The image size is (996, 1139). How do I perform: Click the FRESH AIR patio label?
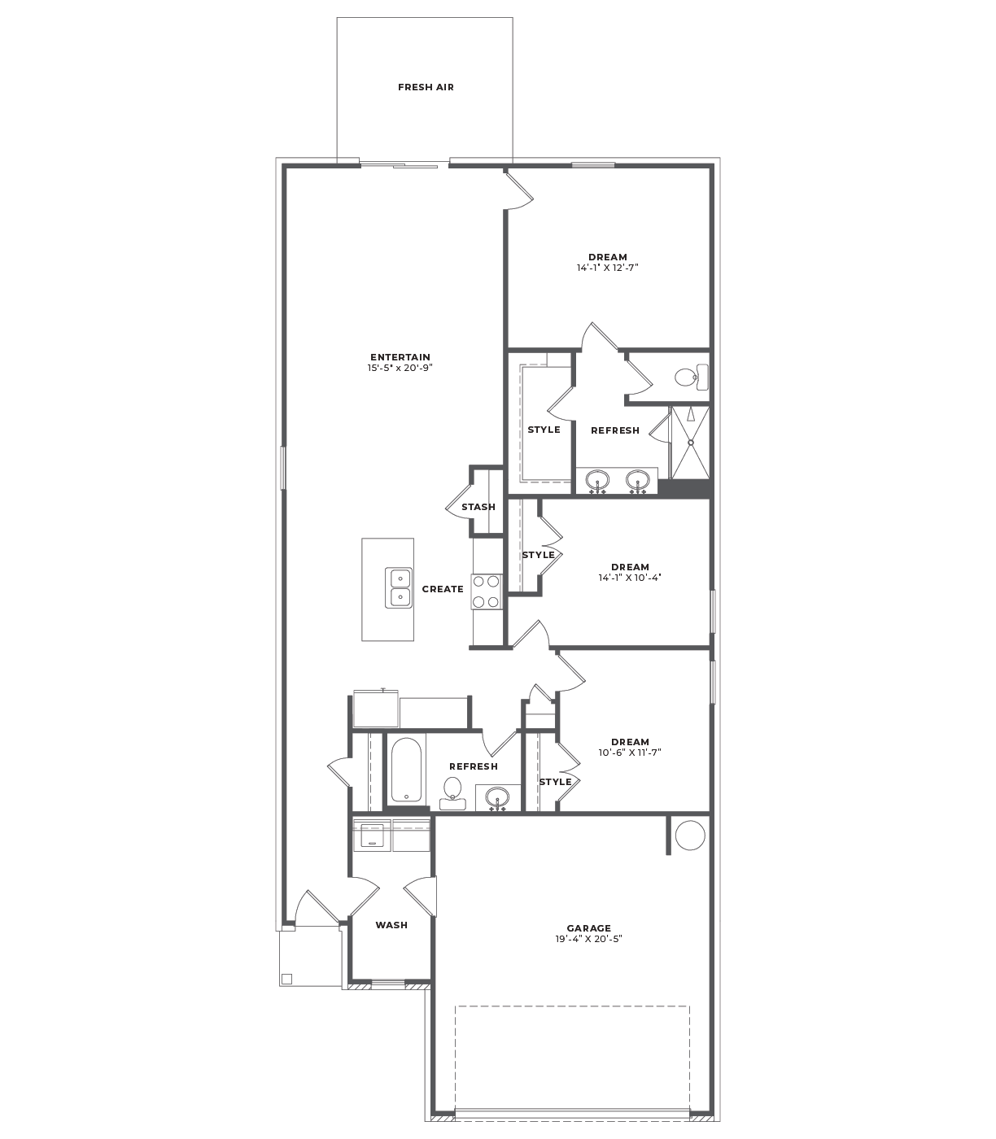(x=426, y=87)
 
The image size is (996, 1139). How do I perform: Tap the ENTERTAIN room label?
(x=400, y=357)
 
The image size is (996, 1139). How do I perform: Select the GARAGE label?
(x=589, y=928)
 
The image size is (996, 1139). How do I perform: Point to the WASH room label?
(x=391, y=925)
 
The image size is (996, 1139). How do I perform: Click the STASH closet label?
(x=478, y=507)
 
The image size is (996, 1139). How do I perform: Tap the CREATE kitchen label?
(x=443, y=589)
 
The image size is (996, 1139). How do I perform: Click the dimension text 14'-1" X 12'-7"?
(x=607, y=268)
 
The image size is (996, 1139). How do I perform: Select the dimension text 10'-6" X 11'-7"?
(x=630, y=753)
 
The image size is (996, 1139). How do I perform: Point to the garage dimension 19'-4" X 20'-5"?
(x=589, y=939)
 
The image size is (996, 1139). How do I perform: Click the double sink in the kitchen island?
(x=399, y=588)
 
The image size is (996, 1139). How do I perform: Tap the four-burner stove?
(x=487, y=591)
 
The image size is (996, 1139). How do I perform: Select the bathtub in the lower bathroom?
(x=406, y=770)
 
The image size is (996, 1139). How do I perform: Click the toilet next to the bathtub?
(x=452, y=793)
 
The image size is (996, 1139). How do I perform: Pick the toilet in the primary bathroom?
(x=692, y=377)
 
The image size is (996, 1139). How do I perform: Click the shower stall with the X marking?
(x=690, y=443)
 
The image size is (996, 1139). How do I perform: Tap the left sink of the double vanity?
(x=597, y=481)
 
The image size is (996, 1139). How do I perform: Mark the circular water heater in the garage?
(x=690, y=835)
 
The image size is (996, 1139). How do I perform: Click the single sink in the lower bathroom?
(x=497, y=798)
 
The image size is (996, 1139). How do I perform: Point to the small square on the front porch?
(x=286, y=979)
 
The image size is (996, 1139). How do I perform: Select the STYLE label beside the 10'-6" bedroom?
(x=556, y=782)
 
